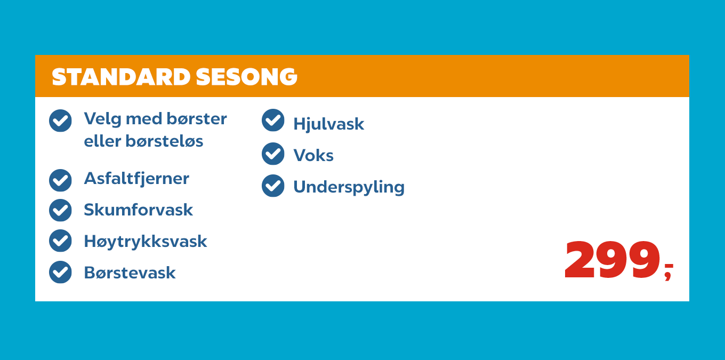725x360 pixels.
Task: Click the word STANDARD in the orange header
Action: click(x=121, y=77)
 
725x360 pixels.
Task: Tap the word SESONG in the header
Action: click(x=246, y=77)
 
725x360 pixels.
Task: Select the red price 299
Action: click(x=612, y=261)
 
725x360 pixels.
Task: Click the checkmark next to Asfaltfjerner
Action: click(x=60, y=180)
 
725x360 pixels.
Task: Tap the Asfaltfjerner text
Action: click(x=136, y=178)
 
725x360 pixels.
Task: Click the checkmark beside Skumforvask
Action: click(x=60, y=210)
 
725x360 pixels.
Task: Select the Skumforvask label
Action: click(x=138, y=210)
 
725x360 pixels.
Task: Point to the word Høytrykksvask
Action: click(x=145, y=242)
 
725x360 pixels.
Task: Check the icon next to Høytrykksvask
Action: click(x=60, y=241)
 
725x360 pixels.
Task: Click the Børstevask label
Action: click(x=130, y=273)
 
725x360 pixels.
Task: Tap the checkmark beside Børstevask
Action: click(x=60, y=272)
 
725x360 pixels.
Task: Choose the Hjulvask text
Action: click(x=328, y=124)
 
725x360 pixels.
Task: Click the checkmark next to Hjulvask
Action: click(x=273, y=120)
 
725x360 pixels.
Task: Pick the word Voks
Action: click(x=313, y=156)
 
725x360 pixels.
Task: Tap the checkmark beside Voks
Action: click(x=273, y=154)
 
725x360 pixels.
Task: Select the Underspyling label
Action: click(x=349, y=187)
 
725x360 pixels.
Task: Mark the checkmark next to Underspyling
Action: click(x=273, y=186)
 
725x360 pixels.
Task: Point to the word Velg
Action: click(x=102, y=119)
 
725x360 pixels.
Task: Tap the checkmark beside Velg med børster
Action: click(x=60, y=121)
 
